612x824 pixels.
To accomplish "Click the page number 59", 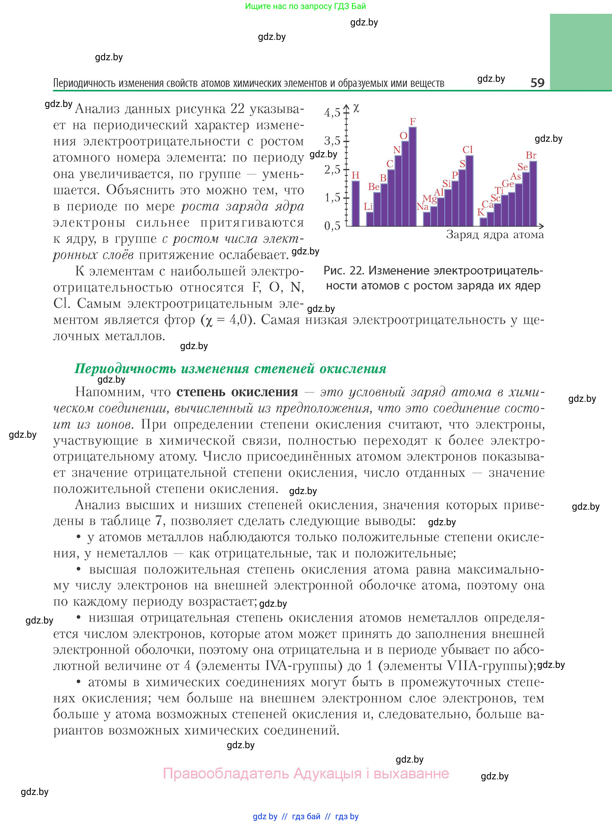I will (537, 82).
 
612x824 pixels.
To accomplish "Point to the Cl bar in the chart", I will (469, 191).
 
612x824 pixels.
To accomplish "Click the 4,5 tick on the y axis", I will (332, 113).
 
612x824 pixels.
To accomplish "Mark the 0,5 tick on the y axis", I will (332, 226).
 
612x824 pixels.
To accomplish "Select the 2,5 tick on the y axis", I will (332, 169).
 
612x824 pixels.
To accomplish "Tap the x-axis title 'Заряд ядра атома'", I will (495, 235).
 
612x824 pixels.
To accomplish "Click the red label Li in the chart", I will (368, 206).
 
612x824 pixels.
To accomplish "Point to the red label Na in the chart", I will (422, 207).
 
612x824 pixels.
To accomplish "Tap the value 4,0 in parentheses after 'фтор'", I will (238, 319).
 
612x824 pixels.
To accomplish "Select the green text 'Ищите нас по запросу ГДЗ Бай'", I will (306, 6).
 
